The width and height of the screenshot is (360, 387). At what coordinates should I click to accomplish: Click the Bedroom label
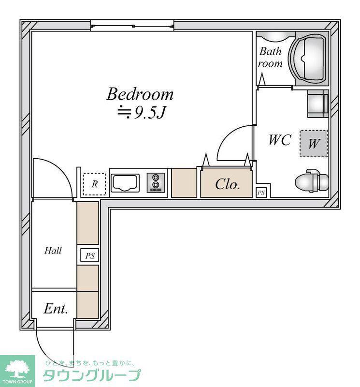point(140,94)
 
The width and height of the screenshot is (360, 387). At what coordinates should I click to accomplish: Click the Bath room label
point(270,57)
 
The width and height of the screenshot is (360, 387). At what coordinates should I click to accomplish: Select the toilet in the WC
point(312,181)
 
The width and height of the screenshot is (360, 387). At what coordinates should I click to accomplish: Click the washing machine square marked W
point(314,143)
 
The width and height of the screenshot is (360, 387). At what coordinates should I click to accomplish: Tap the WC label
point(280,140)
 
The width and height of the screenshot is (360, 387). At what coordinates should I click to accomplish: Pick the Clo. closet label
point(227,184)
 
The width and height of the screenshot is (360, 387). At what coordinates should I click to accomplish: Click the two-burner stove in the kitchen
point(156,183)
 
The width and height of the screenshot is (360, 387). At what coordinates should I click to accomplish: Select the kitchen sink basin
point(125,183)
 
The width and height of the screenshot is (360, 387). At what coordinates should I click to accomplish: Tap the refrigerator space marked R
point(94,184)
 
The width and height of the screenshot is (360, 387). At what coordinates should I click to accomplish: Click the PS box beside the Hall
point(90,255)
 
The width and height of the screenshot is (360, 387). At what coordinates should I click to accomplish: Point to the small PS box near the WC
point(261,193)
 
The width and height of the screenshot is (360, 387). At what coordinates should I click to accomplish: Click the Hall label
point(53,251)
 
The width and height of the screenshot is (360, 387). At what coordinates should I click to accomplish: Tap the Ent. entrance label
point(56,309)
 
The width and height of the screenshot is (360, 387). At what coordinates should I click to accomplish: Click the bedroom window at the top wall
point(132,26)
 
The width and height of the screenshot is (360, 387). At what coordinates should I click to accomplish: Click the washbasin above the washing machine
point(318,104)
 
